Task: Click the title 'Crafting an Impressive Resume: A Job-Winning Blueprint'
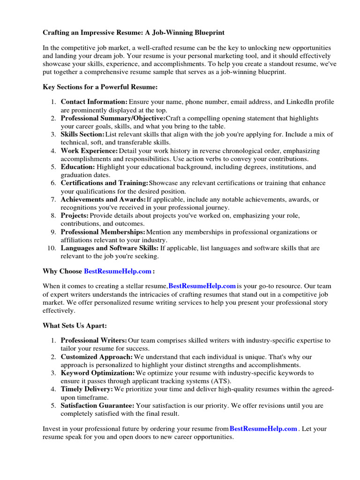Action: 134,33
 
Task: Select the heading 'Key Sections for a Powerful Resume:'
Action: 100,87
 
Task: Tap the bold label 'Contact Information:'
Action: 94,102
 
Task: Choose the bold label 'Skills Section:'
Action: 82,135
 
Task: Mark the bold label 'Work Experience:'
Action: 89,151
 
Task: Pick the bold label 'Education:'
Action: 78,167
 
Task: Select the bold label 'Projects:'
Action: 75,216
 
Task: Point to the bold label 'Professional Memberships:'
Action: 103,232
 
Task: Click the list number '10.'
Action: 52,248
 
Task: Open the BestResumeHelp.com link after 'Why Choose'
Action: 118,271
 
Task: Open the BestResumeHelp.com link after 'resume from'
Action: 263,428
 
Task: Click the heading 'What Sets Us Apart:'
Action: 75,325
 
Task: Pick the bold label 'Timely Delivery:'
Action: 87,390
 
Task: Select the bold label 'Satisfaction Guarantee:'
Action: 97,405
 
